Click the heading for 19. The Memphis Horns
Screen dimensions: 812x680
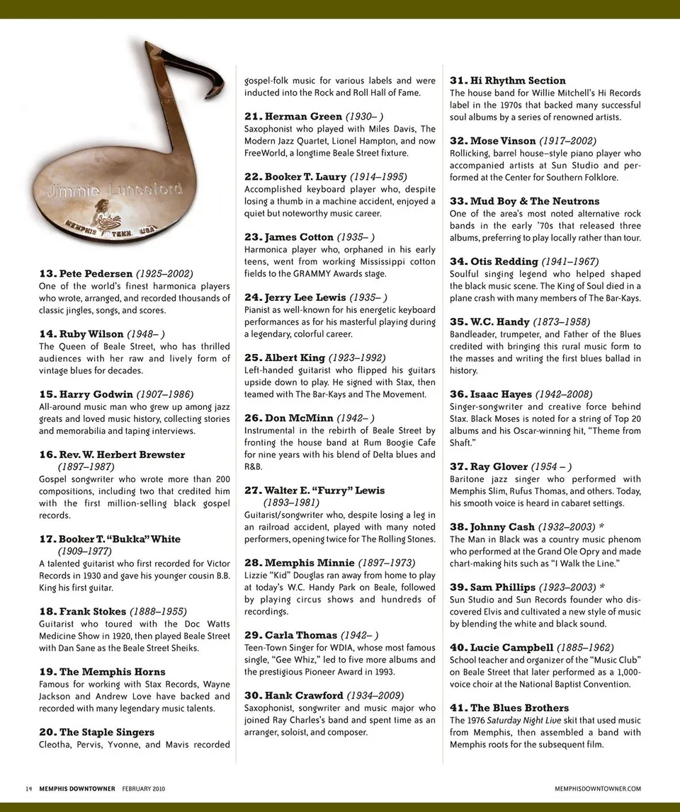(x=102, y=672)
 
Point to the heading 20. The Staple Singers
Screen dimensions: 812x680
(x=96, y=732)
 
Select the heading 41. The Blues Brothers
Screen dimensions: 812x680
(x=509, y=708)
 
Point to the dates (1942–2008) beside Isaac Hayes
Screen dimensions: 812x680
(x=564, y=394)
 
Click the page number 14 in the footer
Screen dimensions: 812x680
(x=28, y=789)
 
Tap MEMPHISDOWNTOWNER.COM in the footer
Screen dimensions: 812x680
(x=599, y=789)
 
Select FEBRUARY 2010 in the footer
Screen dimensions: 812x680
(x=144, y=789)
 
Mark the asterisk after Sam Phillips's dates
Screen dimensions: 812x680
(x=602, y=587)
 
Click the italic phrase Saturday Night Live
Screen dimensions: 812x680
(x=521, y=720)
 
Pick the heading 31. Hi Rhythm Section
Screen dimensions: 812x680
(x=507, y=81)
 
